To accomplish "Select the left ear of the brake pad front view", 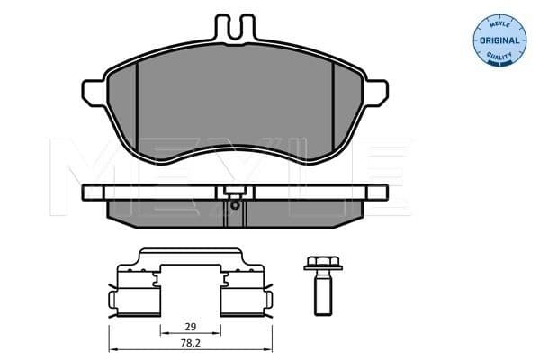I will pyautogui.click(x=95, y=93).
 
